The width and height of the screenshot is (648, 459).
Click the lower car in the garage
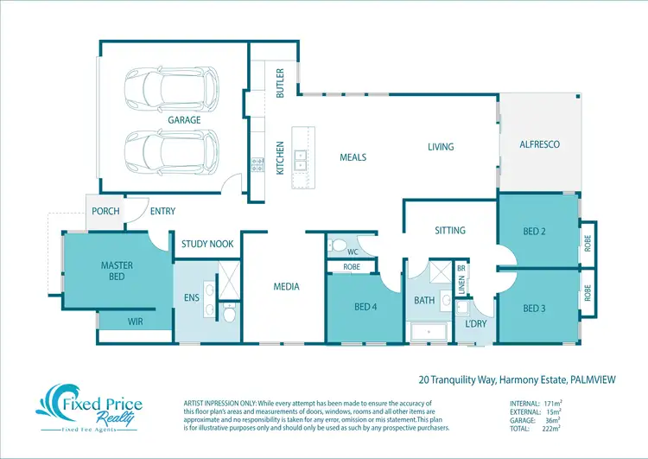171,152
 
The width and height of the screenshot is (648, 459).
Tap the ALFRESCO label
539,144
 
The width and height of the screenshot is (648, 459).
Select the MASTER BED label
117,271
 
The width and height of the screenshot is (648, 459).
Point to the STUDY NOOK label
207,244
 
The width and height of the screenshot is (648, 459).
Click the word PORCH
105,211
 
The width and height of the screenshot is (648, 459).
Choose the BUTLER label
280,83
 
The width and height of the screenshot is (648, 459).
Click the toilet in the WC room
339,245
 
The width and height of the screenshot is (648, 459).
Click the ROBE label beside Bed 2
588,244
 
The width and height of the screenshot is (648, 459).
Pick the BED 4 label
365,307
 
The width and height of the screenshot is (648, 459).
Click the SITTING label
450,230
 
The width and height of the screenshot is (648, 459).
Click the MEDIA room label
286,286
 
